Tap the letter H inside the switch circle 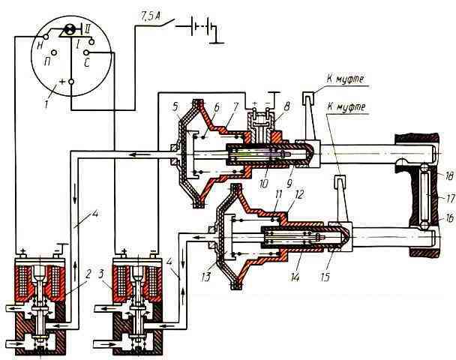click(x=40, y=46)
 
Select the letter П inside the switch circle click(x=47, y=61)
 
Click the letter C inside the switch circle click(x=87, y=63)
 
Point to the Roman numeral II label click(x=87, y=28)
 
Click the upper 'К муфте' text click(x=345, y=79)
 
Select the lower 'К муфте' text click(x=346, y=107)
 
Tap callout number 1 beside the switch click(x=47, y=103)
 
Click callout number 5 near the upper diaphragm click(x=175, y=106)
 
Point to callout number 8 click(x=286, y=106)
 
